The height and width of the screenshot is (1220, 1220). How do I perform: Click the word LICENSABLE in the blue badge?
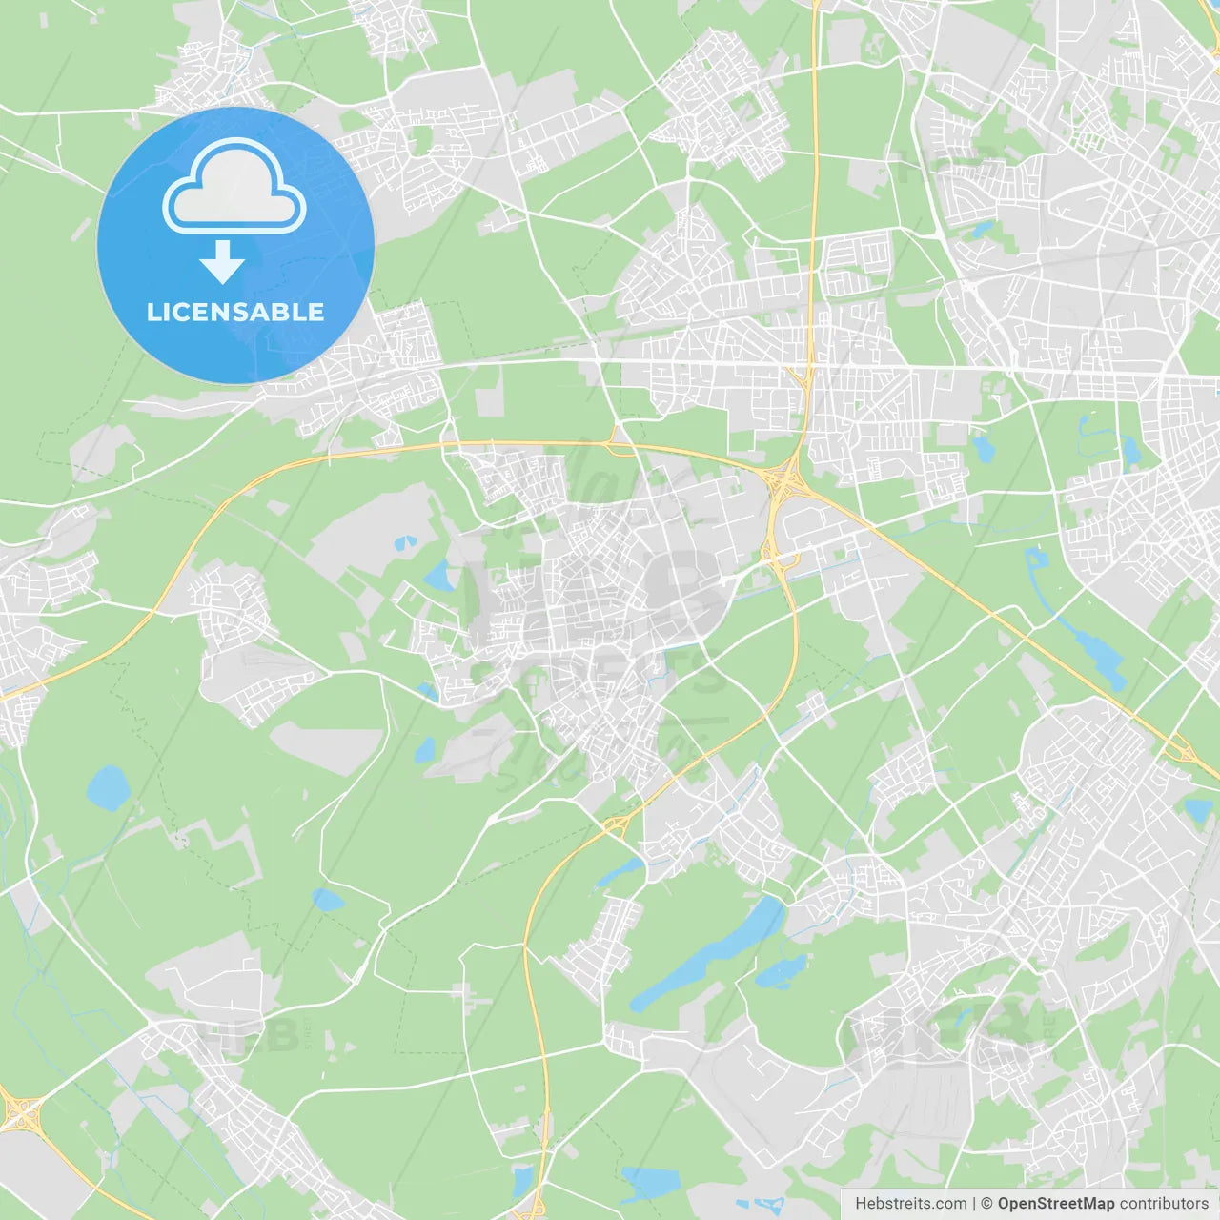point(235,313)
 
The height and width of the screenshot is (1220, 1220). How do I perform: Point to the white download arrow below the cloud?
point(222,262)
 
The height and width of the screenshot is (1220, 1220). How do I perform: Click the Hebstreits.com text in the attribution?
point(911,1204)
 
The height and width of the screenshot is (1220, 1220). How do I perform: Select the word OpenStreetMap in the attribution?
point(1056,1204)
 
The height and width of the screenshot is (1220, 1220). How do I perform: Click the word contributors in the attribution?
point(1164,1204)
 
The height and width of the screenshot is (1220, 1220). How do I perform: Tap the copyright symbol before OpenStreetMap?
point(986,1204)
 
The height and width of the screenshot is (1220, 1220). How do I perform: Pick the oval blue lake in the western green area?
point(108,788)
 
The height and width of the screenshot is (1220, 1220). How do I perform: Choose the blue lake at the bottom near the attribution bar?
point(651,1183)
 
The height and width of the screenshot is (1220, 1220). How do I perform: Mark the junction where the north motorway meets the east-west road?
point(803,376)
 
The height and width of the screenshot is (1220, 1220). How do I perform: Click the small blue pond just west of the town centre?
point(440,576)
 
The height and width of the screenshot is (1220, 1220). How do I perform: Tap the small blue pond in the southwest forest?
point(327,900)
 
